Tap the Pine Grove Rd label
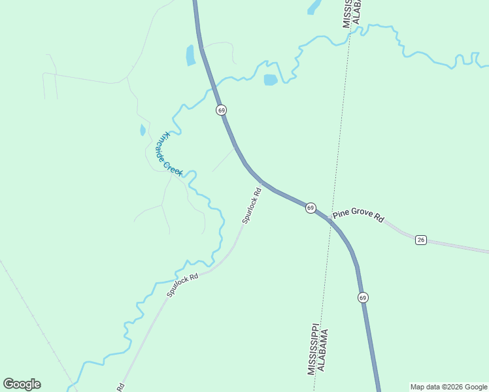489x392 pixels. click(358, 215)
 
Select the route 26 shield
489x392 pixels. click(421, 240)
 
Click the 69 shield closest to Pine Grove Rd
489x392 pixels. click(311, 208)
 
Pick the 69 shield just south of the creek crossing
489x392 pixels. click(222, 110)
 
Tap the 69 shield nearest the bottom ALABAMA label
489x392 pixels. click(363, 297)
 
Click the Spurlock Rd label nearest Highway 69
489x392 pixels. click(252, 206)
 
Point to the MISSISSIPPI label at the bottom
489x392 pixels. click(312, 349)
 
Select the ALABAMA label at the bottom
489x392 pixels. click(322, 350)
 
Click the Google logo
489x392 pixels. click(22, 384)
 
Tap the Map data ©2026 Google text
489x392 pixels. click(449, 387)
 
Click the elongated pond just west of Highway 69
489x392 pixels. click(190, 56)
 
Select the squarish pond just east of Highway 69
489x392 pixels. click(270, 80)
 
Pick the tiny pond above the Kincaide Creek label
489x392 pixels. click(143, 130)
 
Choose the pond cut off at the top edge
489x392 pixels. click(314, 7)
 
